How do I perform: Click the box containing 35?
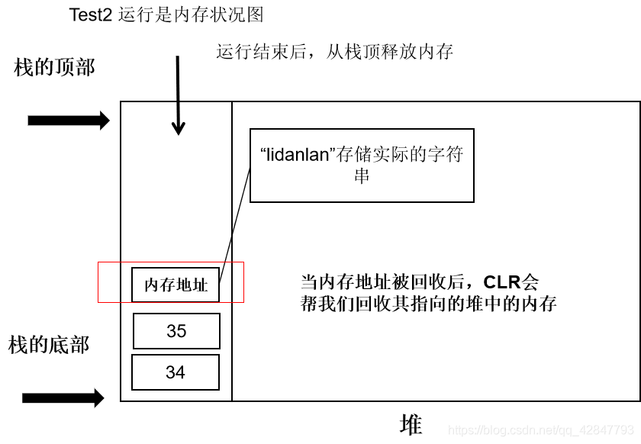coord(176,331)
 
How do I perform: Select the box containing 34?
coord(176,372)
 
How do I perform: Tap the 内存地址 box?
coord(176,285)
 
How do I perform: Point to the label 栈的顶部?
coord(54,67)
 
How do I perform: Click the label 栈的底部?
coord(49,345)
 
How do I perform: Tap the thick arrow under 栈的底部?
coord(63,397)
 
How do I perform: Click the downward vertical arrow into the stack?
coord(178,95)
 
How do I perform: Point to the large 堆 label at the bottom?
coord(411,424)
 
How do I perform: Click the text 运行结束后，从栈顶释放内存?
coord(335,52)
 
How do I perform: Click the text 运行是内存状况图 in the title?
coord(192,14)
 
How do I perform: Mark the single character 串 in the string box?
coord(362,175)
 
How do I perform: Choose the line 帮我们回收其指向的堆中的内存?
coord(429,304)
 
